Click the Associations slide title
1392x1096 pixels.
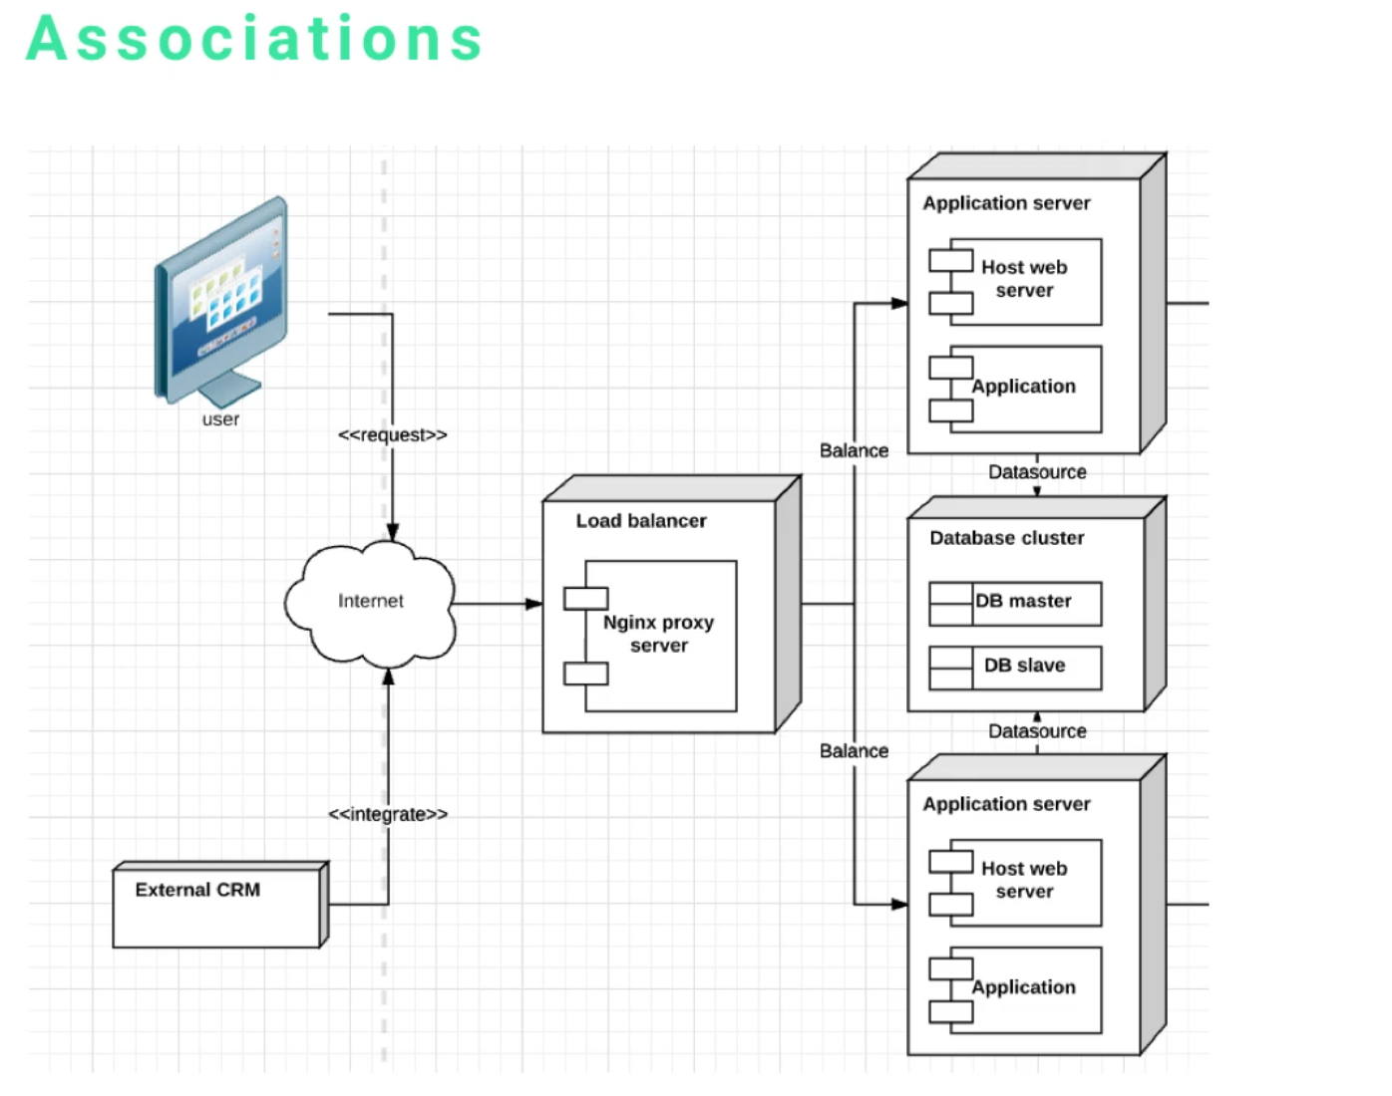pyautogui.click(x=254, y=40)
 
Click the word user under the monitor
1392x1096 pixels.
pyautogui.click(x=220, y=419)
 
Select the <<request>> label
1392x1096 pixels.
pyautogui.click(x=392, y=435)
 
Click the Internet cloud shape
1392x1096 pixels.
pyautogui.click(x=370, y=602)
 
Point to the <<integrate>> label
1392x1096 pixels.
pyautogui.click(x=388, y=814)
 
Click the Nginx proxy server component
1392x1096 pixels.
pyautogui.click(x=659, y=635)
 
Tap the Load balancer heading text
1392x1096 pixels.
pyautogui.click(x=640, y=521)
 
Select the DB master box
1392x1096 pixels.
pyautogui.click(x=1015, y=603)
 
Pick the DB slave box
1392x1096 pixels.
pyautogui.click(x=1015, y=667)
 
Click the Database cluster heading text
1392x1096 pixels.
pyautogui.click(x=1006, y=538)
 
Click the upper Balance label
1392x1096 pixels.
pyautogui.click(x=854, y=451)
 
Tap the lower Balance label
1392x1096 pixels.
pyautogui.click(x=854, y=751)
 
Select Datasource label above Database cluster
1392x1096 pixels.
pyautogui.click(x=1037, y=472)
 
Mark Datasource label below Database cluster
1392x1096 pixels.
pyautogui.click(x=1037, y=731)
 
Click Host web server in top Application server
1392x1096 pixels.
pyautogui.click(x=1024, y=280)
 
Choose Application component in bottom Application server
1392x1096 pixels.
pyautogui.click(x=1024, y=988)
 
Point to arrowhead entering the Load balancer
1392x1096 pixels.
pyautogui.click(x=534, y=604)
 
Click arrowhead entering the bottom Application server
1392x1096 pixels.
pyautogui.click(x=899, y=905)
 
